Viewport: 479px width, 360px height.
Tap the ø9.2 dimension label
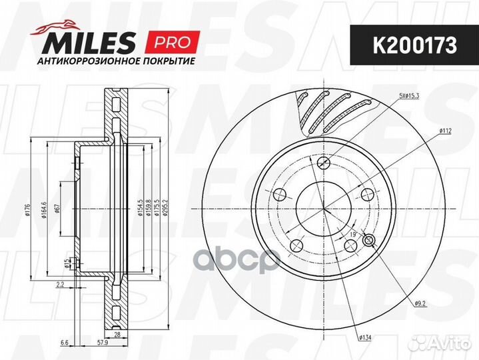420,304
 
